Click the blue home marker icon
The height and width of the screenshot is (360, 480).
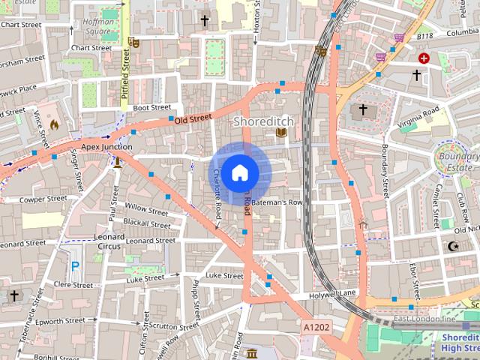[x=239, y=172]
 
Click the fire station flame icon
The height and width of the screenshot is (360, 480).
[x=53, y=124]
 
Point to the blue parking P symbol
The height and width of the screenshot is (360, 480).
[x=74, y=265]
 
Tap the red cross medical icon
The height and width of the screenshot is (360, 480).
[x=424, y=58]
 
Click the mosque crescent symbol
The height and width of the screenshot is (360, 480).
[x=452, y=246]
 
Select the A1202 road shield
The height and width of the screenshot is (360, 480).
[x=316, y=328]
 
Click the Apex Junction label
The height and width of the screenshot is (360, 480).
[x=106, y=147]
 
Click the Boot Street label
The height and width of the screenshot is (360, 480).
[x=151, y=107]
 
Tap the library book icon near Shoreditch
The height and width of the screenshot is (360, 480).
[x=281, y=133]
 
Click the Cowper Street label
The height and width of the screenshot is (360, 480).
[x=43, y=199]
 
